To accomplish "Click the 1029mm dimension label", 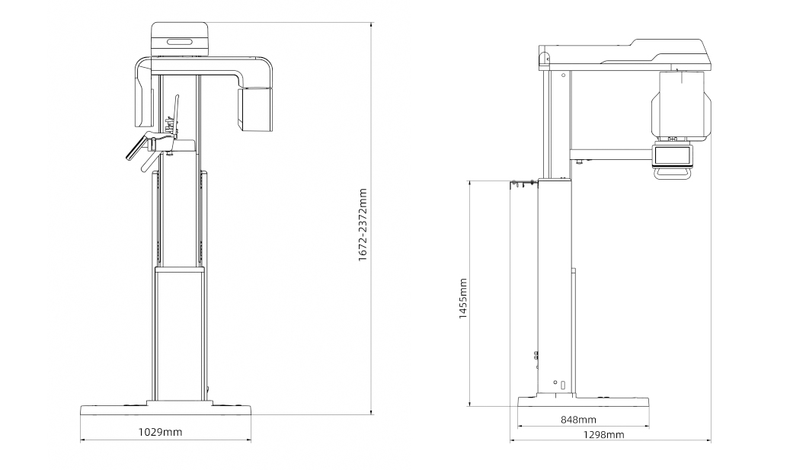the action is [x=160, y=432].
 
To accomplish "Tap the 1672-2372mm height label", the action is [x=363, y=225].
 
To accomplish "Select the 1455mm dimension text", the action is [x=463, y=299].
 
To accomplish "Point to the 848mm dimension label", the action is [x=578, y=419].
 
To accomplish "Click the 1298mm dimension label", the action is [x=603, y=435].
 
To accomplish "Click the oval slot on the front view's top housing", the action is [x=179, y=42].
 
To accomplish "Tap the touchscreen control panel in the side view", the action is [x=673, y=155].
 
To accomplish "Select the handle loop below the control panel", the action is [x=673, y=173].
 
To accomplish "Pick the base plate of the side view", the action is [x=584, y=401].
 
